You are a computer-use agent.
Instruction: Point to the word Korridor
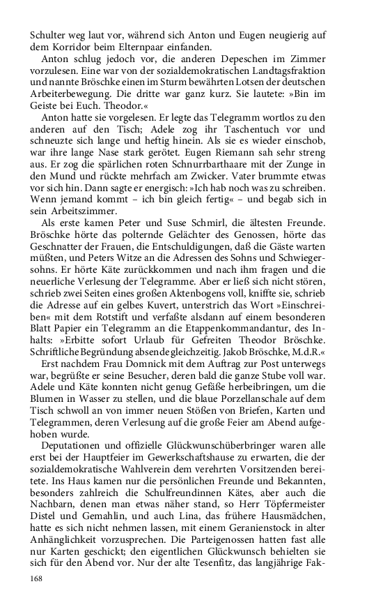pyautogui.click(x=79, y=47)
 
